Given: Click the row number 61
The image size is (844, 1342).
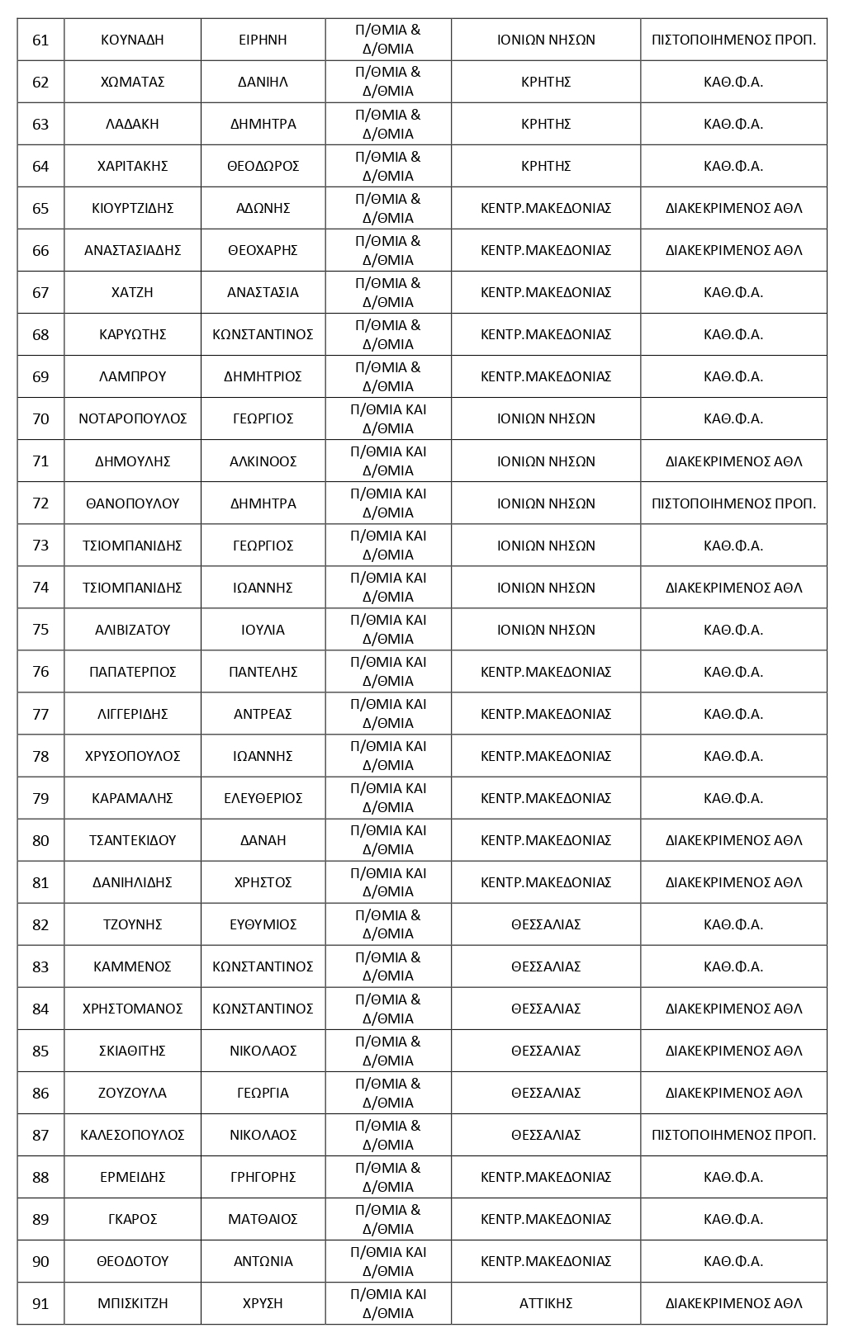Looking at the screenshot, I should tap(40, 40).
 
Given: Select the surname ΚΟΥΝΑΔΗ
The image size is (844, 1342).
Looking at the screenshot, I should tap(132, 40).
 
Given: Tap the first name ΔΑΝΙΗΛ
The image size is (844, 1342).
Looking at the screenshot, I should tap(263, 82).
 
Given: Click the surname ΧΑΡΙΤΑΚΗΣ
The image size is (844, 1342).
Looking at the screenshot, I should tap(132, 166).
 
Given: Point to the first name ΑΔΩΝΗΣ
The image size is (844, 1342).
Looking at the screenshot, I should tap(263, 208).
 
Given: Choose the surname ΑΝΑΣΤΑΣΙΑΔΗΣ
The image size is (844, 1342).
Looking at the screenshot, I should tap(132, 250).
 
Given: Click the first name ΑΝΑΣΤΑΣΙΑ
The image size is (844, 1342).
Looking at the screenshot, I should tap(263, 292).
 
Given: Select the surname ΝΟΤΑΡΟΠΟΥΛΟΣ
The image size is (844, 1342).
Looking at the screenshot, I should tap(132, 418).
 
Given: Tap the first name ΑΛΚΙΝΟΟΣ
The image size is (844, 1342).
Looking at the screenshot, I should tap(263, 461).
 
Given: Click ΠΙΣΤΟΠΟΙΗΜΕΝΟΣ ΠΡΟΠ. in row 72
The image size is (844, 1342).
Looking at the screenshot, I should tap(733, 503).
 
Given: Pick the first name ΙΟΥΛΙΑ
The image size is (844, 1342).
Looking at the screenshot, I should tap(263, 630).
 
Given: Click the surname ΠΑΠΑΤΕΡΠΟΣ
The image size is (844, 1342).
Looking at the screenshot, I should tap(132, 672).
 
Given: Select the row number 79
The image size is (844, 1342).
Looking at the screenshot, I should tap(40, 798).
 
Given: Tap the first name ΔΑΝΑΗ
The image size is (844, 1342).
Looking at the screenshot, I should tap(263, 840).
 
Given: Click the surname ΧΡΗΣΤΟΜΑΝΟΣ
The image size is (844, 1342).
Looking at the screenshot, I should tap(132, 1009).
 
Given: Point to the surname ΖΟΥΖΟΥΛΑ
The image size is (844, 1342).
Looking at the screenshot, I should tap(132, 1093).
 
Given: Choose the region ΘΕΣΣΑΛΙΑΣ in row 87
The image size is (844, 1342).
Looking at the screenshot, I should tap(545, 1135).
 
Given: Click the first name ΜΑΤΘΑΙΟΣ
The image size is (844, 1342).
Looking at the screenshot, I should tap(263, 1219).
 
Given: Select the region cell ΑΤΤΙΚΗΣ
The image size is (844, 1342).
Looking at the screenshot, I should tap(545, 1303).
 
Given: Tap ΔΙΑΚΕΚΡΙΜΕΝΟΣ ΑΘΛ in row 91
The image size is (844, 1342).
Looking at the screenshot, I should tap(733, 1303).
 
